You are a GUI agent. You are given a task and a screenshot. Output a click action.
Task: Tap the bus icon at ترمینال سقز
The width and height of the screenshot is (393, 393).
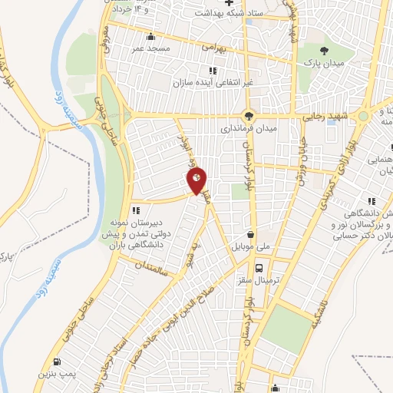(259, 269)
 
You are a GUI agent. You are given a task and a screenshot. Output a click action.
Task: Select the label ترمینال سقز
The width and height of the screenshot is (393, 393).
(259, 282)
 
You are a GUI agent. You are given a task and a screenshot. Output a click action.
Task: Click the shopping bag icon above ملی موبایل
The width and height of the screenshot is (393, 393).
(250, 236)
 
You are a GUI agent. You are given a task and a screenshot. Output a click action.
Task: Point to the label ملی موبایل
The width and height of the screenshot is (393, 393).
(250, 249)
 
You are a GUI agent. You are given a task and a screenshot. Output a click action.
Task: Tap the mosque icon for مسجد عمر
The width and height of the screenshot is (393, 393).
(150, 37)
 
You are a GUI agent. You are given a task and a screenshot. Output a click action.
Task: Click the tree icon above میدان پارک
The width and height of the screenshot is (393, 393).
(325, 48)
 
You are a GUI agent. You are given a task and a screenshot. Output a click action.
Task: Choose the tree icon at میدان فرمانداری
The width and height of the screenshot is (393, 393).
(247, 116)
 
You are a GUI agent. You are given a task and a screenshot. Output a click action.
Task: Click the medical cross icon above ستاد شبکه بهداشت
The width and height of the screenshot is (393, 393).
(227, 2)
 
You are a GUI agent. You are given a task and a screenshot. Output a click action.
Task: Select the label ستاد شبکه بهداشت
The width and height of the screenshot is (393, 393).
(228, 14)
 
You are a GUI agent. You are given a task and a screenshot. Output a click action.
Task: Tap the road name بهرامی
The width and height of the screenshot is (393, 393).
(213, 47)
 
